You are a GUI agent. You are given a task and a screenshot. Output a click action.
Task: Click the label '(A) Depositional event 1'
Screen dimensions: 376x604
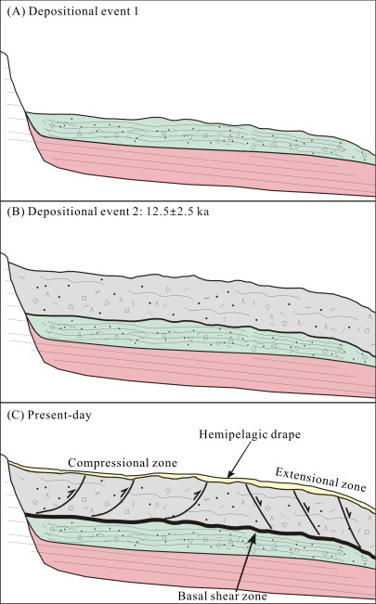72,11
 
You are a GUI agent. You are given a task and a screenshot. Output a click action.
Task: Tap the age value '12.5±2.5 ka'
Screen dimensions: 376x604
177,212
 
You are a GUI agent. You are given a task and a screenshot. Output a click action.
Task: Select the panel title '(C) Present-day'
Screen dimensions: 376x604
49,415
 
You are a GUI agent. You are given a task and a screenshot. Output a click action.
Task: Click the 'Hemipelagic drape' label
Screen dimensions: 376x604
250,434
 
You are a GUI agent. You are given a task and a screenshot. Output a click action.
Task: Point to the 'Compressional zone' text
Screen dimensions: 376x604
123,462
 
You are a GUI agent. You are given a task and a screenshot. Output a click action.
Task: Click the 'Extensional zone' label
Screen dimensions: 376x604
320,479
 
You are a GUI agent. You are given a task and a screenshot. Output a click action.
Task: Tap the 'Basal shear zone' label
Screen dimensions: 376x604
222,596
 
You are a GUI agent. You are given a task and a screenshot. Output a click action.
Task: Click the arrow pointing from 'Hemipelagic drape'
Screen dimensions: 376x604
240,459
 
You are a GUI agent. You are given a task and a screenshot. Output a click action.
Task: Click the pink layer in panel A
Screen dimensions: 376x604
201,163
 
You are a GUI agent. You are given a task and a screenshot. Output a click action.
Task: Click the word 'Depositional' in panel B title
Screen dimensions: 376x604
62,212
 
